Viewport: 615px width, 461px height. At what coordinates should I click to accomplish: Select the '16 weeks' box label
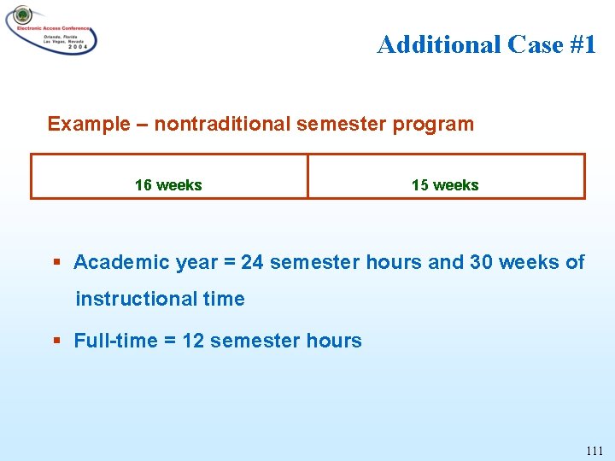(168, 185)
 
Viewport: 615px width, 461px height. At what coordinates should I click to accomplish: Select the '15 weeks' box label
(445, 185)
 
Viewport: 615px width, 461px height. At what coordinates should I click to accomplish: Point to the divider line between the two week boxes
(307, 177)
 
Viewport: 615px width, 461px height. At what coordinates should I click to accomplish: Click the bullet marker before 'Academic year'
(56, 263)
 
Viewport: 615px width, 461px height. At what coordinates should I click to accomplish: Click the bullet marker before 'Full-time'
(56, 341)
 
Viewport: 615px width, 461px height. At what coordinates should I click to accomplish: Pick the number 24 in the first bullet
(252, 262)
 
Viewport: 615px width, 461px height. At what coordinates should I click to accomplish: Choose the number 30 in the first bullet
(481, 262)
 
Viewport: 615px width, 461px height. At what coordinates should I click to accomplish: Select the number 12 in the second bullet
(193, 341)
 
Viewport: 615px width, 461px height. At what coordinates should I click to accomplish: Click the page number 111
(594, 451)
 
